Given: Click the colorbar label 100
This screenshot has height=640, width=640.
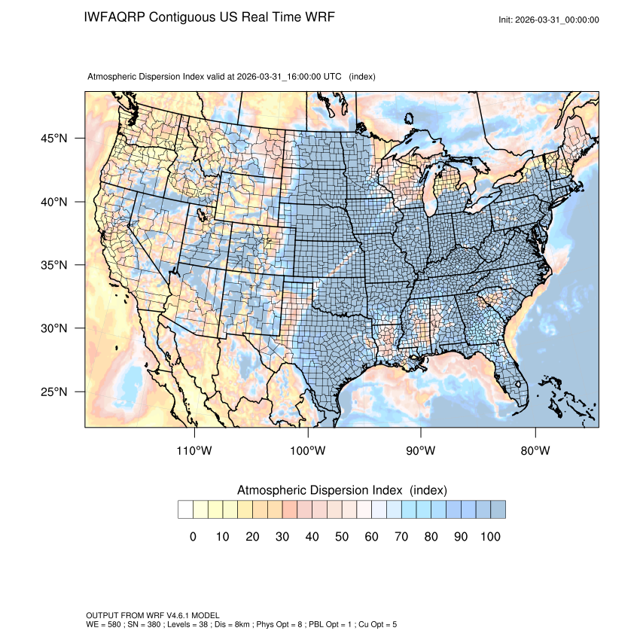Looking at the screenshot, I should click(x=490, y=536).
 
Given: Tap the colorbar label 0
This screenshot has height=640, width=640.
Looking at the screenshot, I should click(x=193, y=536).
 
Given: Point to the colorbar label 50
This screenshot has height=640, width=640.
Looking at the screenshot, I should click(x=342, y=536).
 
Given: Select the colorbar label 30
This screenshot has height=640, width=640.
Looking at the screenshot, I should click(x=282, y=536).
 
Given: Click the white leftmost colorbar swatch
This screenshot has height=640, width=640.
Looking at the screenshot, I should click(x=185, y=510).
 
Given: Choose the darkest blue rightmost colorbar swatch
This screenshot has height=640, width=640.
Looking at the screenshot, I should click(x=498, y=510).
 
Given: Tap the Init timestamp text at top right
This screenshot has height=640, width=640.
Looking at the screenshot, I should click(x=549, y=20).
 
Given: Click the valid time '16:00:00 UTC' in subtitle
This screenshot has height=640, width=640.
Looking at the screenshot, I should click(x=309, y=77).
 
